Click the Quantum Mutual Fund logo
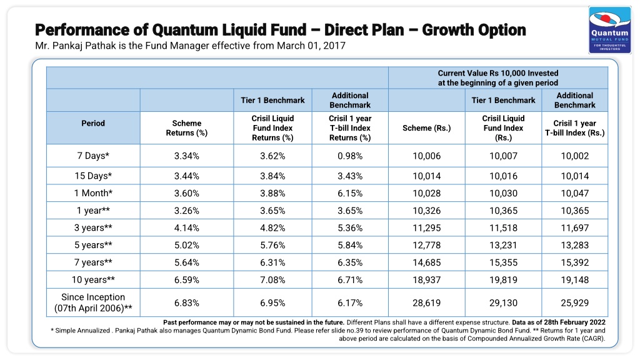(x=610, y=30)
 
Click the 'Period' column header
(x=93, y=123)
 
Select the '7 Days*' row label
(x=93, y=156)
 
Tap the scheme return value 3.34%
(x=186, y=156)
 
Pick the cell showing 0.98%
(x=350, y=156)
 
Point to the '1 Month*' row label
(x=93, y=193)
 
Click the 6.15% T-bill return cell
(x=350, y=194)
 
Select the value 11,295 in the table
(x=426, y=228)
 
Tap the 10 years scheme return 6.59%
(x=186, y=280)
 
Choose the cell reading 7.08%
(x=272, y=280)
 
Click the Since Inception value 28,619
(x=426, y=303)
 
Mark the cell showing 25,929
(x=575, y=303)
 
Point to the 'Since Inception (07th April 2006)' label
(x=93, y=302)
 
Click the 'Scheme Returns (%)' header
(x=186, y=128)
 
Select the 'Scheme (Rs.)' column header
(x=426, y=128)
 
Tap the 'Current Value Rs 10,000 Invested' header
(x=498, y=73)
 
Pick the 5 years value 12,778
(x=426, y=245)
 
